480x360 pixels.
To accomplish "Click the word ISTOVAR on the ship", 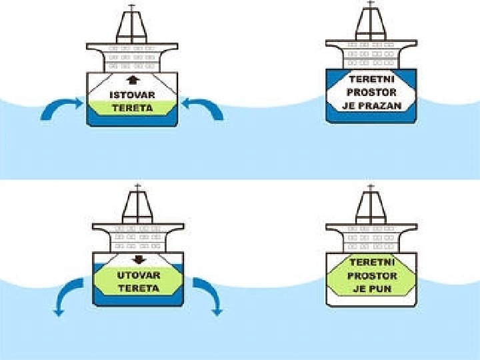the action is pyautogui.click(x=132, y=95).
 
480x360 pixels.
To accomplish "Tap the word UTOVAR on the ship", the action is pyautogui.click(x=138, y=275).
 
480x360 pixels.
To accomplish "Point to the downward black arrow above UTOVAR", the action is pyautogui.click(x=139, y=261).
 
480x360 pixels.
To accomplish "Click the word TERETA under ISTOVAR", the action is pyautogui.click(x=132, y=108).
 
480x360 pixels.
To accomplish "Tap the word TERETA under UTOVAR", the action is pyautogui.click(x=138, y=288).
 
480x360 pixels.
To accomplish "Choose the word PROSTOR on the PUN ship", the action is pyautogui.click(x=372, y=275).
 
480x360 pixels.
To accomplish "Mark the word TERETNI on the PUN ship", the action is pyautogui.click(x=372, y=263).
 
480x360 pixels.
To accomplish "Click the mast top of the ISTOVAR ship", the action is pyautogui.click(x=131, y=7).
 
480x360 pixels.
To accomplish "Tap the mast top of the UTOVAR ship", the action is pyautogui.click(x=137, y=187).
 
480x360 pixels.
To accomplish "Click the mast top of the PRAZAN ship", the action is pyautogui.click(x=371, y=3).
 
